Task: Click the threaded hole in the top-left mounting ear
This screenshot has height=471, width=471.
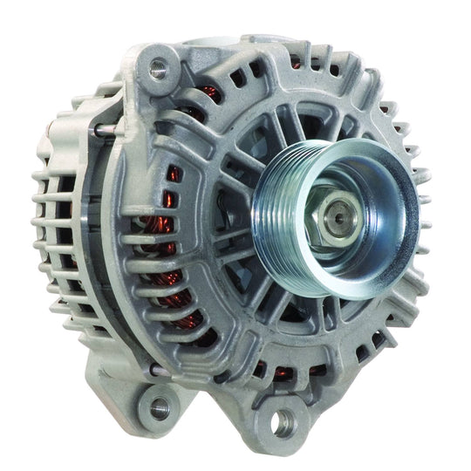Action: (159, 66)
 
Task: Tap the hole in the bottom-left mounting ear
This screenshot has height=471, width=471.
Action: (159, 406)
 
